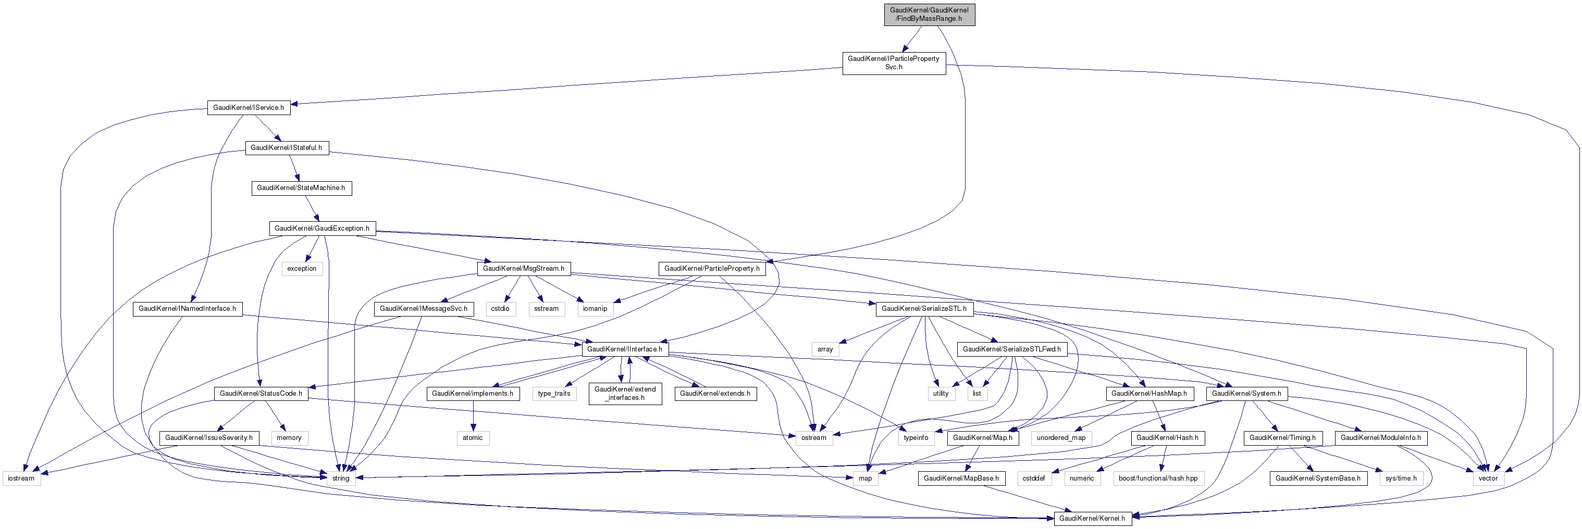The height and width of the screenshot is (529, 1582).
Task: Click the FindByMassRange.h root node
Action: pyautogui.click(x=929, y=14)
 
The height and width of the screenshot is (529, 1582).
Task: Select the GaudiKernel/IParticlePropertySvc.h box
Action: pyautogui.click(x=894, y=62)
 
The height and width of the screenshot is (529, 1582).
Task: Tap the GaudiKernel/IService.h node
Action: pyautogui.click(x=248, y=107)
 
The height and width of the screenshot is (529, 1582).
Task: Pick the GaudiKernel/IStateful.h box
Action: pyautogui.click(x=286, y=148)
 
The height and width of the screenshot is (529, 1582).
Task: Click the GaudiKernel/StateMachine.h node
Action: pyautogui.click(x=301, y=188)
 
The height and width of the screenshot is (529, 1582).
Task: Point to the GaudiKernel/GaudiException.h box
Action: pyautogui.click(x=322, y=228)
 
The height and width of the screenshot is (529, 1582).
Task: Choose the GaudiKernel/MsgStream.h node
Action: pyautogui.click(x=523, y=268)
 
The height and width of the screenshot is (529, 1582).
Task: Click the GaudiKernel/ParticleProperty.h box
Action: pyautogui.click(x=712, y=268)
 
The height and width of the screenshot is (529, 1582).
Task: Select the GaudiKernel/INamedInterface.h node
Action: pyautogui.click(x=187, y=309)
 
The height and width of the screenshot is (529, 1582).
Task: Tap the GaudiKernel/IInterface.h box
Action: pyautogui.click(x=625, y=349)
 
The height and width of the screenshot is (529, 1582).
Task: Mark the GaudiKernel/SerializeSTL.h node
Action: pyautogui.click(x=924, y=309)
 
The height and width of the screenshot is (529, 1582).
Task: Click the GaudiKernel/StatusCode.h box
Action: pyautogui.click(x=261, y=394)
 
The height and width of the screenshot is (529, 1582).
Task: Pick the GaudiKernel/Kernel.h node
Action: pyautogui.click(x=1092, y=519)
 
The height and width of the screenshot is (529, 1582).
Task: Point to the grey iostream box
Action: pyautogui.click(x=21, y=478)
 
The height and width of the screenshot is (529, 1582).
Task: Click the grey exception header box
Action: pyautogui.click(x=302, y=268)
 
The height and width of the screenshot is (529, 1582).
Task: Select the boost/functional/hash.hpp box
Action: pyautogui.click(x=1158, y=478)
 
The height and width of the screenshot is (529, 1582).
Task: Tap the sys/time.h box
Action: pyautogui.click(x=1401, y=478)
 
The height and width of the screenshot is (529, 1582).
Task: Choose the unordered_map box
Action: pyautogui.click(x=1061, y=437)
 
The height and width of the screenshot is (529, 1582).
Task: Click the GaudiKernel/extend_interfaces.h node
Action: pyautogui.click(x=625, y=394)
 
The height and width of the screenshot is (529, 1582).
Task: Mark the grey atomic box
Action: pyautogui.click(x=472, y=437)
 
